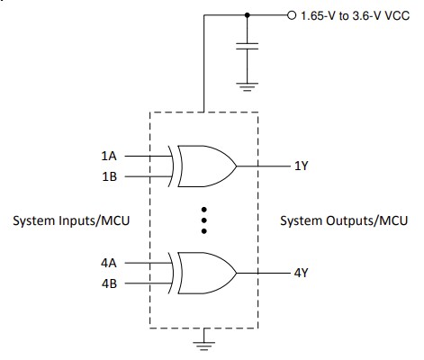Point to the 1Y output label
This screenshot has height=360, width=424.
click(x=302, y=166)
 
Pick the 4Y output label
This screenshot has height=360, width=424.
click(x=302, y=272)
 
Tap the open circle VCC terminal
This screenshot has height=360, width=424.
click(x=290, y=15)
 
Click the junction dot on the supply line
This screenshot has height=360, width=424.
click(x=248, y=15)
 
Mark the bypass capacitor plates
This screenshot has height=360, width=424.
click(x=248, y=47)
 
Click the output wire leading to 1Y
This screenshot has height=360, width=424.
click(x=263, y=166)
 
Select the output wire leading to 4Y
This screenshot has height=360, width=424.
click(x=263, y=272)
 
